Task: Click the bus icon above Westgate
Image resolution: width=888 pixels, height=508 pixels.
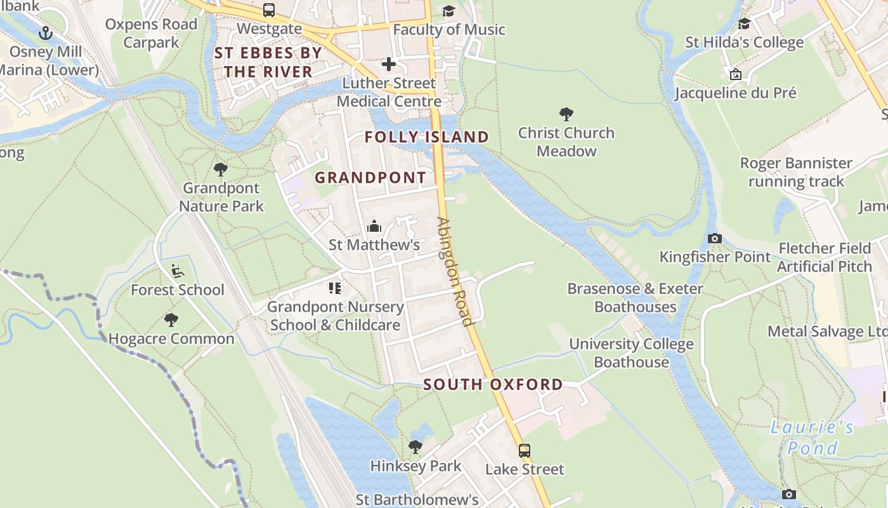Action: [x=269, y=10]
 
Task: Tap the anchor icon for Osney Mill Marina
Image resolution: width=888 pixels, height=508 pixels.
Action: [x=45, y=32]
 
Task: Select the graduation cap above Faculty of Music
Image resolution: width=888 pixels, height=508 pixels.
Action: [x=449, y=11]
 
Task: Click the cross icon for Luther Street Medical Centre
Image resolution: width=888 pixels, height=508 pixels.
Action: [x=388, y=64]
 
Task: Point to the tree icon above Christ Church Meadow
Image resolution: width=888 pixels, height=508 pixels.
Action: [x=566, y=114]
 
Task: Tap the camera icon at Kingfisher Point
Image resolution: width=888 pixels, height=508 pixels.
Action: [x=715, y=239]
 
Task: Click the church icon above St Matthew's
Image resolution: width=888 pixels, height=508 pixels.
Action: [x=374, y=226]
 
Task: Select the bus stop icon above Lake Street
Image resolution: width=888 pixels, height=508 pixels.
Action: [x=525, y=451]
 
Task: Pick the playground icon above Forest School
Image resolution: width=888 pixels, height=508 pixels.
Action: [x=178, y=271]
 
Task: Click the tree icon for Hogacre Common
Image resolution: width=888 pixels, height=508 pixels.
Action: [x=171, y=320]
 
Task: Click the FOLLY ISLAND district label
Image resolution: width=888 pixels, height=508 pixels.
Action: [x=427, y=137]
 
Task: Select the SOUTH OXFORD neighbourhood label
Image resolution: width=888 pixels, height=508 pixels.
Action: [x=493, y=384]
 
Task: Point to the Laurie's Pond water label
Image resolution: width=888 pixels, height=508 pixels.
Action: [x=812, y=438]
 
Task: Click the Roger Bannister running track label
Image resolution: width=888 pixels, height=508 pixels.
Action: [x=796, y=172]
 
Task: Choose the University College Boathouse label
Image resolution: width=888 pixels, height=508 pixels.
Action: [x=631, y=353]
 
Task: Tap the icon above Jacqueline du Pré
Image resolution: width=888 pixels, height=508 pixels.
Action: [x=736, y=74]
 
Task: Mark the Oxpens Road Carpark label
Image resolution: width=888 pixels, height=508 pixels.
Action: [x=151, y=34]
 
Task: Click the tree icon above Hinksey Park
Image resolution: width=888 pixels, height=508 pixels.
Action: [x=415, y=447]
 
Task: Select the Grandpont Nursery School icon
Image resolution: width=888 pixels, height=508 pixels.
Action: [x=335, y=288]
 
